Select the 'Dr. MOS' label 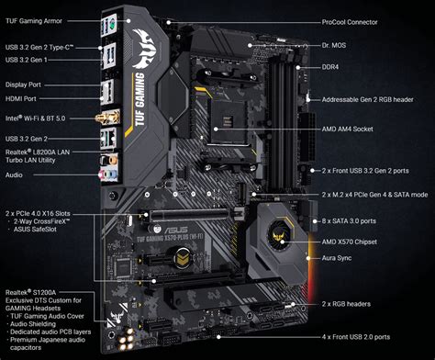[334, 45]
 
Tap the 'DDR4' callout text [330, 67]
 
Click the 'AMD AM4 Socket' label [347, 129]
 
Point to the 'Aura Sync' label [337, 258]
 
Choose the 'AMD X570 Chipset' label [350, 242]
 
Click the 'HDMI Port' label [21, 98]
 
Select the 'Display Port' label [23, 84]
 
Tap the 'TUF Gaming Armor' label [34, 21]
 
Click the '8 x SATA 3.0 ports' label [349, 221]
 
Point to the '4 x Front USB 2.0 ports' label [356, 337]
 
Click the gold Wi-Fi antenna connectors [107, 118]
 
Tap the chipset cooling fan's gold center [280, 235]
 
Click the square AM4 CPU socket [228, 121]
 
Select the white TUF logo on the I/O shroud [146, 48]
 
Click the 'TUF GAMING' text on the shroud [139, 99]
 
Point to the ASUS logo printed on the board [176, 230]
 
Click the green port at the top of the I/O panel [112, 24]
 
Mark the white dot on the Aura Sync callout [308, 258]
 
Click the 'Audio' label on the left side [14, 174]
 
